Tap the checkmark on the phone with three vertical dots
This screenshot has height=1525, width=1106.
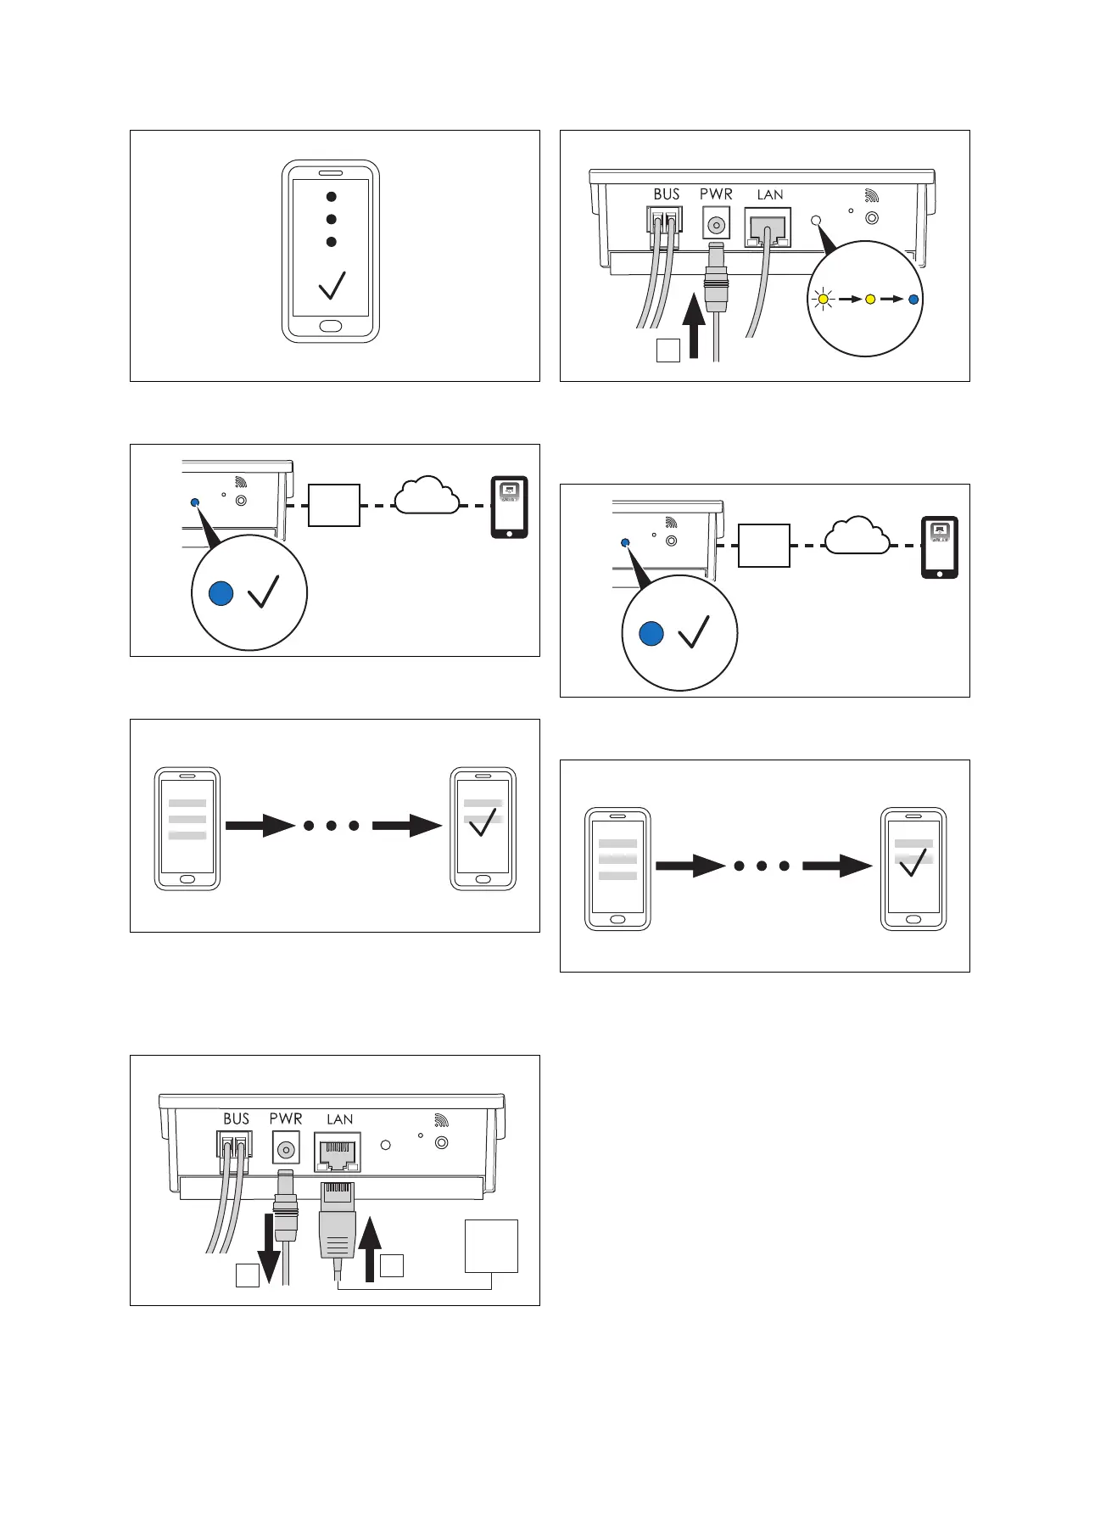point(332,285)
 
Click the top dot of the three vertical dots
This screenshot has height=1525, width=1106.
point(332,197)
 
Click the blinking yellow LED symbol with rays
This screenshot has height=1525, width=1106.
point(823,299)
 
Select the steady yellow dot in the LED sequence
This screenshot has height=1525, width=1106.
point(869,299)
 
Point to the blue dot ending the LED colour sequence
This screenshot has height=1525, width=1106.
point(913,299)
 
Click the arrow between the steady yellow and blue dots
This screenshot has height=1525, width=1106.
point(891,299)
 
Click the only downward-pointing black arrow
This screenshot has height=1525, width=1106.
point(269,1247)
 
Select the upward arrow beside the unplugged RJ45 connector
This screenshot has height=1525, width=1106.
point(370,1248)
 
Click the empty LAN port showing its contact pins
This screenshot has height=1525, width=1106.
point(338,1152)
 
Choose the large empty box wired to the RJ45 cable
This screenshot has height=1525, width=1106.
point(491,1245)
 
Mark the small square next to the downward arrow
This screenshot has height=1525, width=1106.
point(247,1276)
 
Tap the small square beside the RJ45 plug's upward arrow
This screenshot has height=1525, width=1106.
point(392,1265)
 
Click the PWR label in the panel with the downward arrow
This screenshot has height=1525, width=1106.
point(286,1119)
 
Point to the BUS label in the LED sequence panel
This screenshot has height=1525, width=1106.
point(667,194)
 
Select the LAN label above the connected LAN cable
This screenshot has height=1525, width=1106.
point(770,194)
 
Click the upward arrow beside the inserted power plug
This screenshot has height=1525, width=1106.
point(695,325)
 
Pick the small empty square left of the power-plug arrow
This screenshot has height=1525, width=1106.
point(668,350)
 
